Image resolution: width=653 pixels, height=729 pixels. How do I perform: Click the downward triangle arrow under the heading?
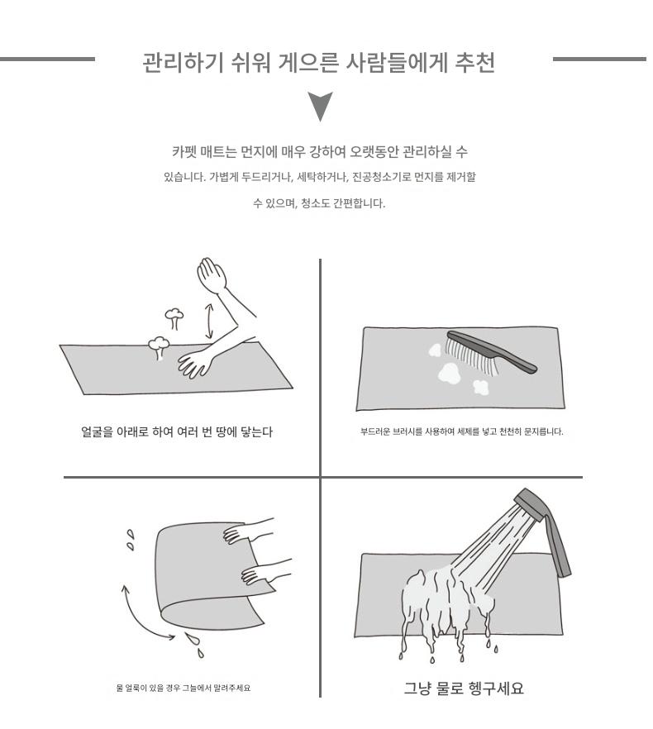point(320,105)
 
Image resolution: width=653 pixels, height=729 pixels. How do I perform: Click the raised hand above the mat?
point(212,275)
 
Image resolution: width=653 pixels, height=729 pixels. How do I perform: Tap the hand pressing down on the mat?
point(194,363)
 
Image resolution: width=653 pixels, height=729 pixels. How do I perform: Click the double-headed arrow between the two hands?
point(209,321)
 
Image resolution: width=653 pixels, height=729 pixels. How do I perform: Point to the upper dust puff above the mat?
point(174,317)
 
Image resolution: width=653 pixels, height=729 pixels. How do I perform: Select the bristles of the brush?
point(470,356)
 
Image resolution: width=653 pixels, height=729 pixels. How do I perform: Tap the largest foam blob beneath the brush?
point(450,374)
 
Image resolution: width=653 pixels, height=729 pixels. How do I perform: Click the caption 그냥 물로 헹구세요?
point(464,688)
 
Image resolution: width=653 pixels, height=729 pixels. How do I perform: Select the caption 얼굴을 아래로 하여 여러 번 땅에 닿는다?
point(177,432)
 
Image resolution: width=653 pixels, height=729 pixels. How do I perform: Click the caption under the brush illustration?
point(461,432)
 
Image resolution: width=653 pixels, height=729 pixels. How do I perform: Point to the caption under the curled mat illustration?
point(184,688)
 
